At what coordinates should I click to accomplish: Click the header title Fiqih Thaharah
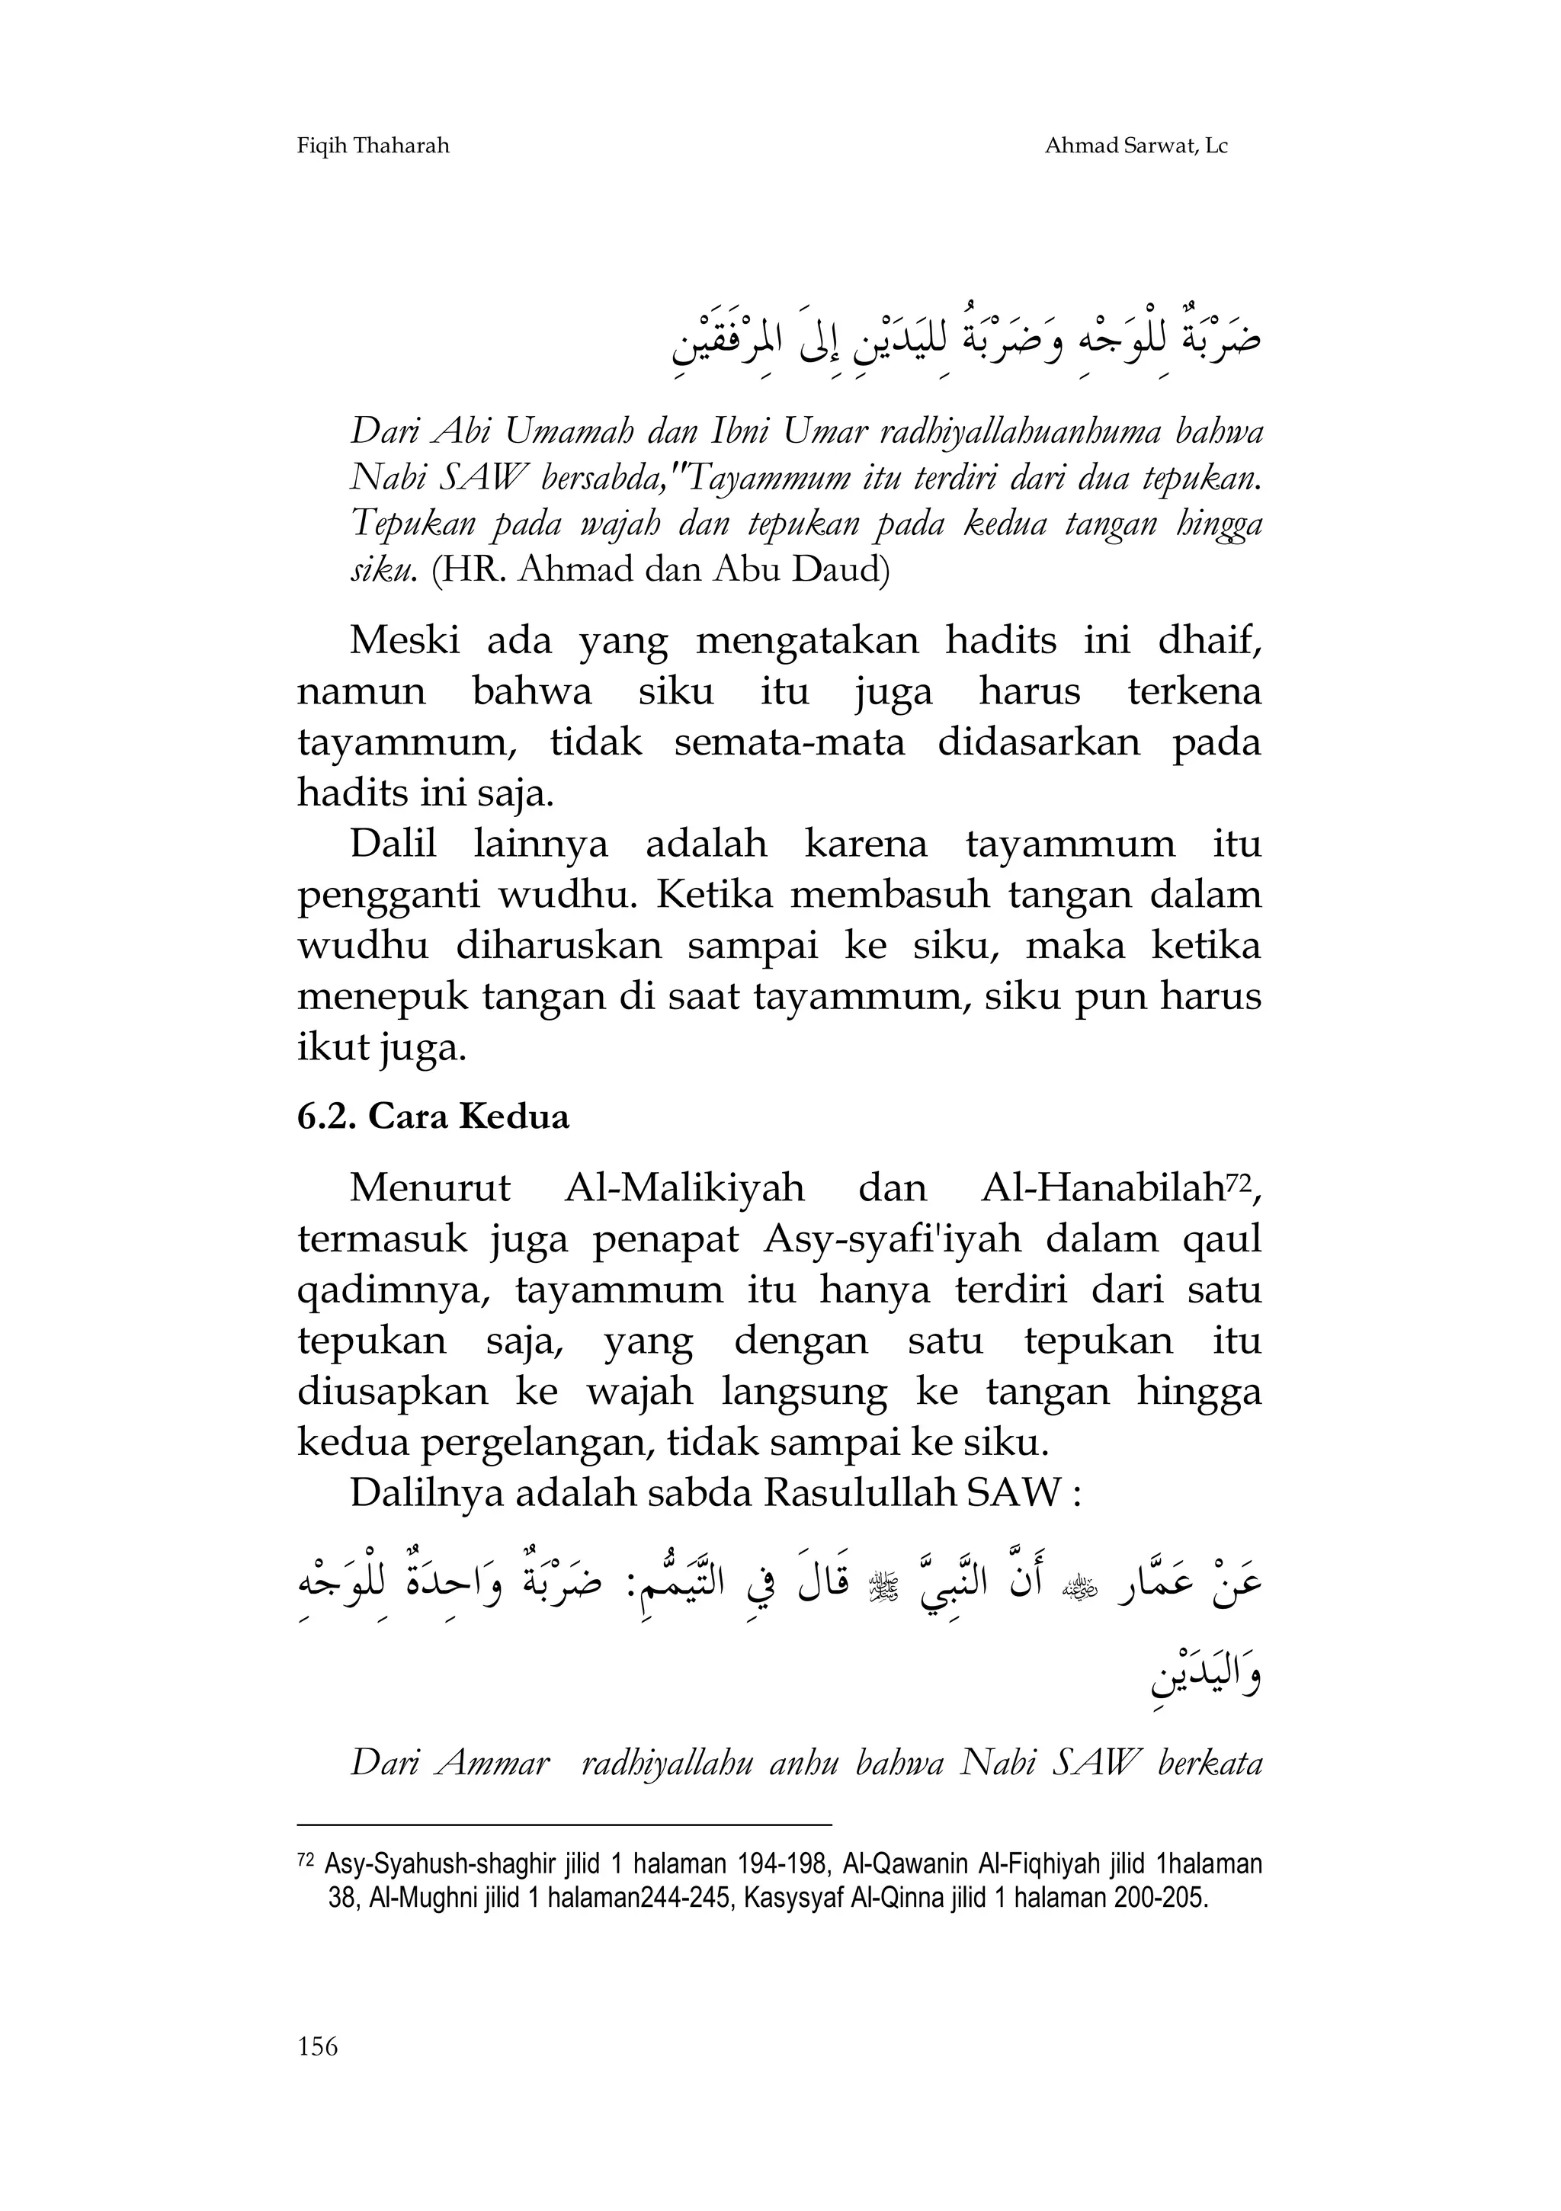tap(373, 146)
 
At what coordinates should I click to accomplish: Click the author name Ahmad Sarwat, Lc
tap(1136, 146)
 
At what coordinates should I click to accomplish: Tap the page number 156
tap(318, 2073)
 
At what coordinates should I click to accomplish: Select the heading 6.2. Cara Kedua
tap(434, 1117)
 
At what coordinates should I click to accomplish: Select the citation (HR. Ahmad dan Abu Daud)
tap(661, 571)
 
